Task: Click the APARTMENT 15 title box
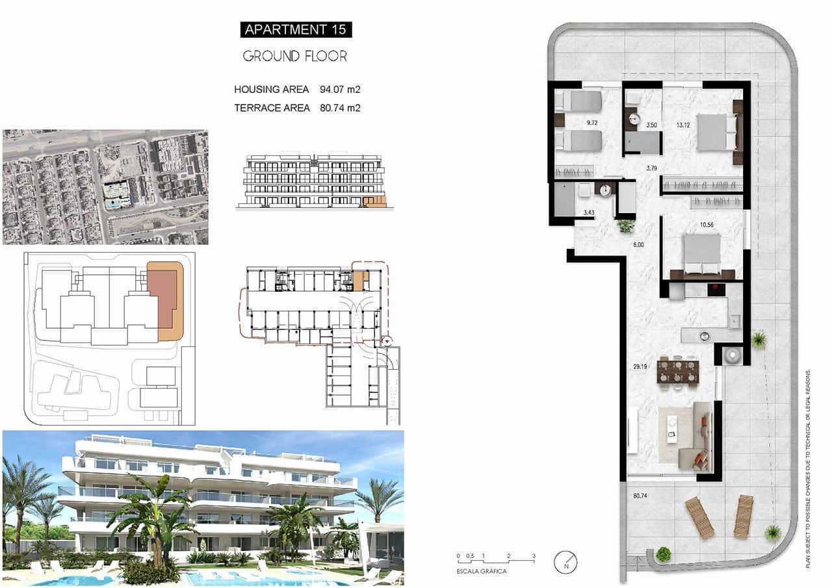(296, 29)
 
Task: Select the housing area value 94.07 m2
(340, 90)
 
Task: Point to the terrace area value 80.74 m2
(340, 108)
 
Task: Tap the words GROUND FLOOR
(295, 57)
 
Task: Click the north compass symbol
(565, 561)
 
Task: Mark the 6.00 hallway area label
(638, 245)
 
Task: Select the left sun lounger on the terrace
(699, 517)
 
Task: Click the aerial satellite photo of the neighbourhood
(105, 187)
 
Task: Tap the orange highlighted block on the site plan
(166, 301)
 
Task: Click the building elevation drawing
(311, 181)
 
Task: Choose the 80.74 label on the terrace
(642, 496)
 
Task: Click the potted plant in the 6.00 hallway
(625, 226)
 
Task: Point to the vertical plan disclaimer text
(808, 468)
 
